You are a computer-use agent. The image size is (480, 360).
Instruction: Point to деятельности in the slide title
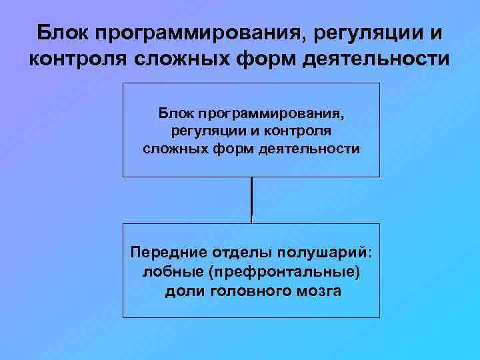coord(376,61)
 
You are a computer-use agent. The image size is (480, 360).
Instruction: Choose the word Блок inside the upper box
coord(175,115)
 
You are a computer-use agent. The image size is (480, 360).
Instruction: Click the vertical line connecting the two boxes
coord(251,200)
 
